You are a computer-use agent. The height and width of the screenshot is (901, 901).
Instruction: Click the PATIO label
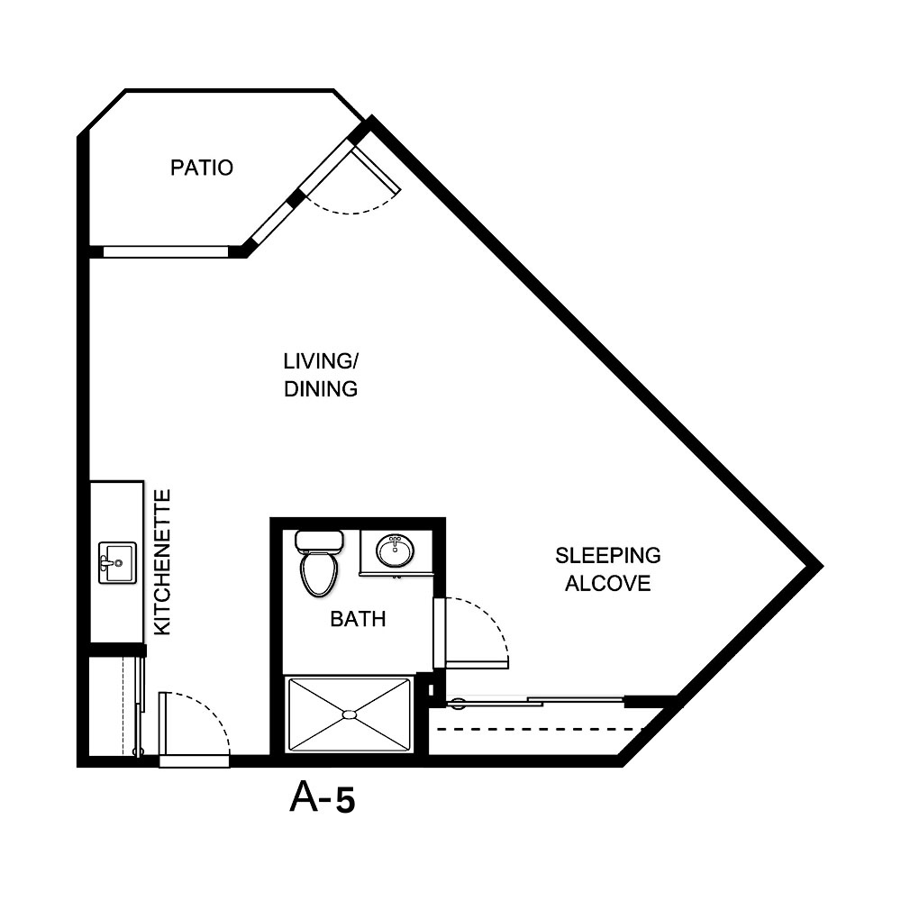[x=202, y=168]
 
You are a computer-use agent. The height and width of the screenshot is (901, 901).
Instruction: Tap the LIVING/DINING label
[x=321, y=375]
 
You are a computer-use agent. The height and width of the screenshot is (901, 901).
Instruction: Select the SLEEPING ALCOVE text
[x=607, y=569]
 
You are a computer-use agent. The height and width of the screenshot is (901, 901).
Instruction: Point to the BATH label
[x=358, y=619]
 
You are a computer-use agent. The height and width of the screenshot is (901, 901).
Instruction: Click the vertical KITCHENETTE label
[x=162, y=562]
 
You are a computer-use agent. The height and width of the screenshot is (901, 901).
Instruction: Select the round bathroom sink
[x=395, y=551]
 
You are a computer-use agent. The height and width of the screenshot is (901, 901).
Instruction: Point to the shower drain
[x=349, y=714]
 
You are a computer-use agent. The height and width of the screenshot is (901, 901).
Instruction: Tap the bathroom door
[x=440, y=633]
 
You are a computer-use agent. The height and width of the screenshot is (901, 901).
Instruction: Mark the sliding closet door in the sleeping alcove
[x=541, y=700]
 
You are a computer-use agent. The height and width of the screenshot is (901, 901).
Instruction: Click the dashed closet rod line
[x=541, y=728]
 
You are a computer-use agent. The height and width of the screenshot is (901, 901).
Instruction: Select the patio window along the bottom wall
[x=167, y=251]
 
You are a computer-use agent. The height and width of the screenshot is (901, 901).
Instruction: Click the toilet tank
[x=318, y=542]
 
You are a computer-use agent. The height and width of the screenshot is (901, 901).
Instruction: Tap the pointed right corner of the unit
[x=818, y=565]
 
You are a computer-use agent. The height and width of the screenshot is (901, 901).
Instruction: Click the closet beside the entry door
[x=112, y=707]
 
